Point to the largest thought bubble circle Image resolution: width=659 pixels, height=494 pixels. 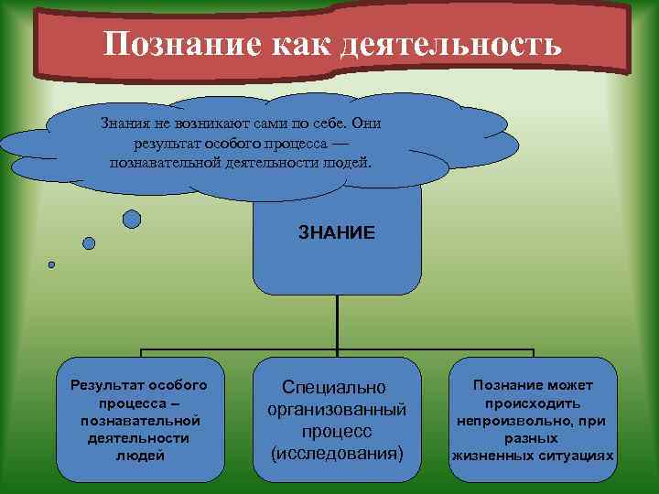(x=132, y=219)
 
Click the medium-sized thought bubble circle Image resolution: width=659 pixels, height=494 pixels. (x=89, y=243)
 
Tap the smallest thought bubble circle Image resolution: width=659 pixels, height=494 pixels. (x=51, y=265)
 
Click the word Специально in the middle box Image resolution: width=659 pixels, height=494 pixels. (x=334, y=387)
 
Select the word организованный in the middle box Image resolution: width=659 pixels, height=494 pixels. (x=336, y=409)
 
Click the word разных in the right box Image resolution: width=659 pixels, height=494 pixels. (x=532, y=438)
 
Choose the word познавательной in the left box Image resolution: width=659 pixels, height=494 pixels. (x=140, y=420)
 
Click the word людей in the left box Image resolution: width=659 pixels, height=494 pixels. (x=140, y=455)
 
